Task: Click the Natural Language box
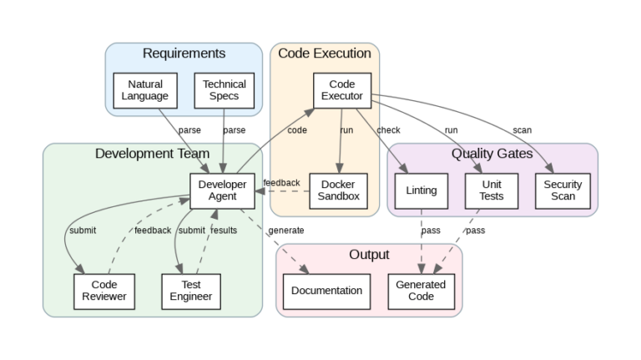[x=145, y=90]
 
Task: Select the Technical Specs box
[x=224, y=90]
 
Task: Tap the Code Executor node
[x=341, y=90]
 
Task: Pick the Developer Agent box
[x=222, y=190]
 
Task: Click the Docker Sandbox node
[x=338, y=190]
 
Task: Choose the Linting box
[x=421, y=190]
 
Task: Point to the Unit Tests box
[x=492, y=190]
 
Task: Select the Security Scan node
[x=563, y=190]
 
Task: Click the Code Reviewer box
[x=98, y=290]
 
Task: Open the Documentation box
[x=327, y=290]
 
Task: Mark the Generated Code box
[x=421, y=290]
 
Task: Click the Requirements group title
[x=184, y=53]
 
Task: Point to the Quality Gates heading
[x=492, y=154]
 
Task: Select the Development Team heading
[x=146, y=154]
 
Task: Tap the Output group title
[x=369, y=254]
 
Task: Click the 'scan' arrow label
[x=522, y=130]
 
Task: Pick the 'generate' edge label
[x=286, y=231]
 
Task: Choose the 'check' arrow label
[x=389, y=130]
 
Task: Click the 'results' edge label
[x=224, y=231]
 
